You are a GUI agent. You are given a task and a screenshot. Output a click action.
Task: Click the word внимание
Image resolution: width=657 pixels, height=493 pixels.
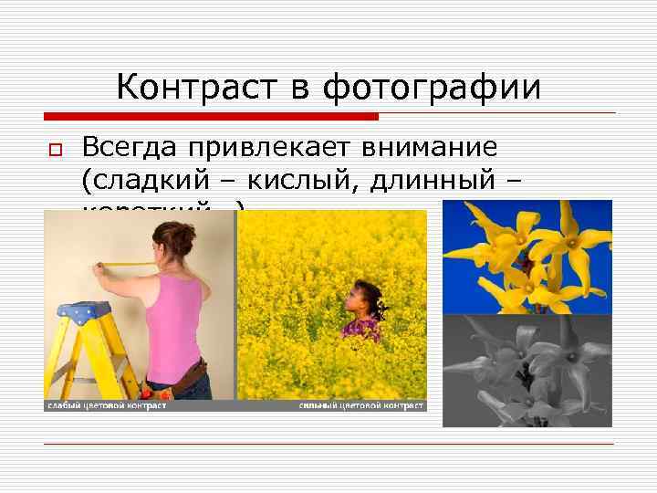click(431, 147)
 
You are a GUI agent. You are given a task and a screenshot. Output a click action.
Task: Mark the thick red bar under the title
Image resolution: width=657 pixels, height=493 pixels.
click(211, 116)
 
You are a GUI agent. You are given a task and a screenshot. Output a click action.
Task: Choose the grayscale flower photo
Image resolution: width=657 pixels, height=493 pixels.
click(527, 370)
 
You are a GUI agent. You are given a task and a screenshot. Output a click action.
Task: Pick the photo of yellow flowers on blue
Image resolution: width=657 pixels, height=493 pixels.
click(527, 256)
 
